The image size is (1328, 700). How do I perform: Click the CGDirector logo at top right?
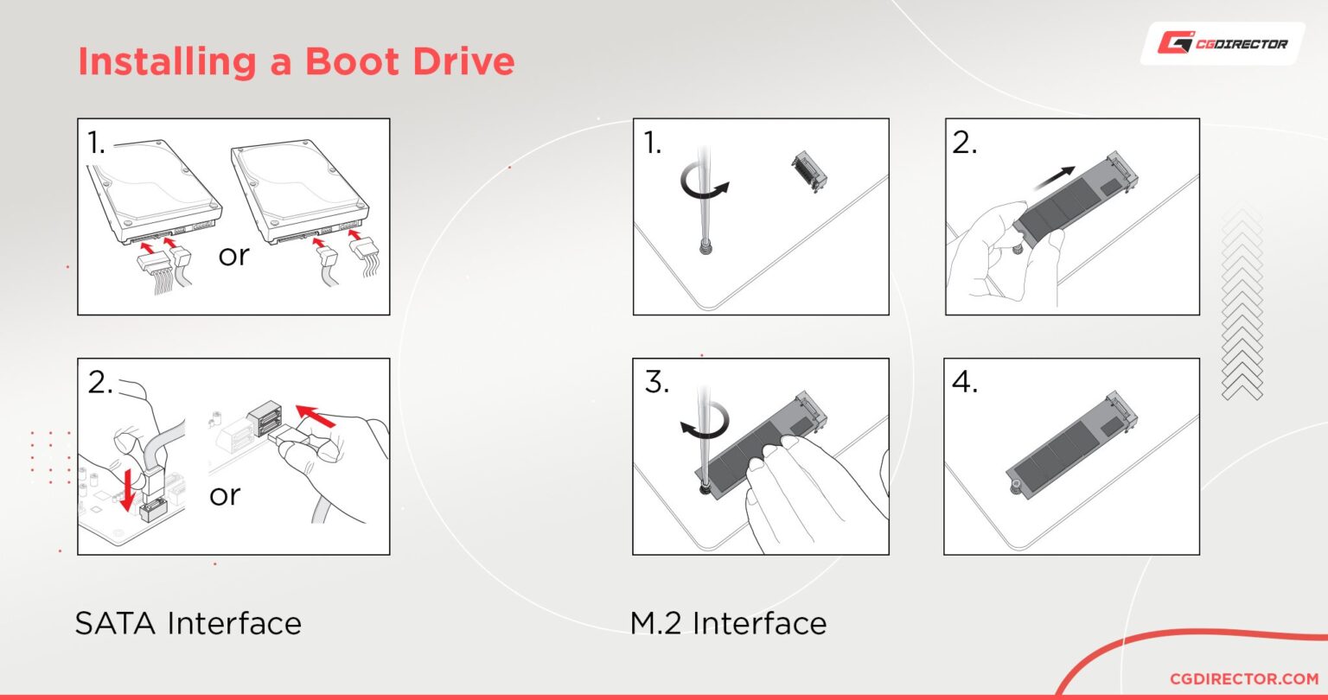click(x=1222, y=43)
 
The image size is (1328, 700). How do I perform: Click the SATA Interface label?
click(x=188, y=622)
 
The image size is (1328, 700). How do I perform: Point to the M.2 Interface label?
click(x=728, y=622)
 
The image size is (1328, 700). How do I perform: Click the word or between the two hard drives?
click(x=233, y=256)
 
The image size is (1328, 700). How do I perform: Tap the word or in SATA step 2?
click(x=224, y=495)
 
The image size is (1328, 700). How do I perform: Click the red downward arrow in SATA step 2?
click(x=128, y=492)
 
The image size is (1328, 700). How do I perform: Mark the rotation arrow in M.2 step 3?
click(x=703, y=422)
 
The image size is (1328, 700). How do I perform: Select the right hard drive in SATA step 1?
click(x=301, y=191)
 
